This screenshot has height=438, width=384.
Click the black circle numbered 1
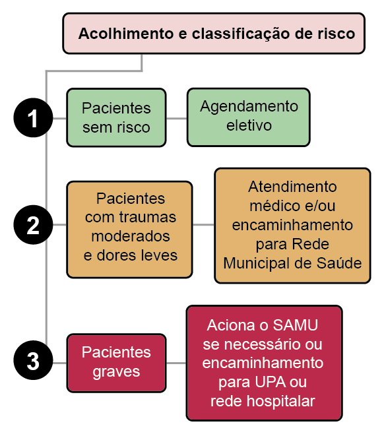pyautogui.click(x=33, y=117)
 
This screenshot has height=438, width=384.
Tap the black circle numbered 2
pyautogui.click(x=33, y=224)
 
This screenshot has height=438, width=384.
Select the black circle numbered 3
pyautogui.click(x=33, y=360)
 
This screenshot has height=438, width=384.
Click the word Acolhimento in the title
pyautogui.click(x=126, y=34)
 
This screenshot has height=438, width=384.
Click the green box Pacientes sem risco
pyautogui.click(x=116, y=117)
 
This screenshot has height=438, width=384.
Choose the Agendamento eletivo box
pyautogui.click(x=249, y=117)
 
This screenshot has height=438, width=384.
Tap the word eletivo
pyautogui.click(x=249, y=125)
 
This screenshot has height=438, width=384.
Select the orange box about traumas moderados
pyautogui.click(x=129, y=230)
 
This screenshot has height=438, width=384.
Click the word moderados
pyautogui.click(x=131, y=236)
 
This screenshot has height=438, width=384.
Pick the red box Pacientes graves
pyautogui.click(x=116, y=363)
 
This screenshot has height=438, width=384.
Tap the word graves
pyautogui.click(x=116, y=372)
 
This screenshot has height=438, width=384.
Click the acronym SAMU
pyautogui.click(x=295, y=325)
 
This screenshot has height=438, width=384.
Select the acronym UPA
pyautogui.click(x=271, y=382)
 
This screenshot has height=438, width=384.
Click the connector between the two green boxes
pyautogui.click(x=177, y=118)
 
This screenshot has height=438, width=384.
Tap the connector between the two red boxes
pyautogui.click(x=176, y=363)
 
